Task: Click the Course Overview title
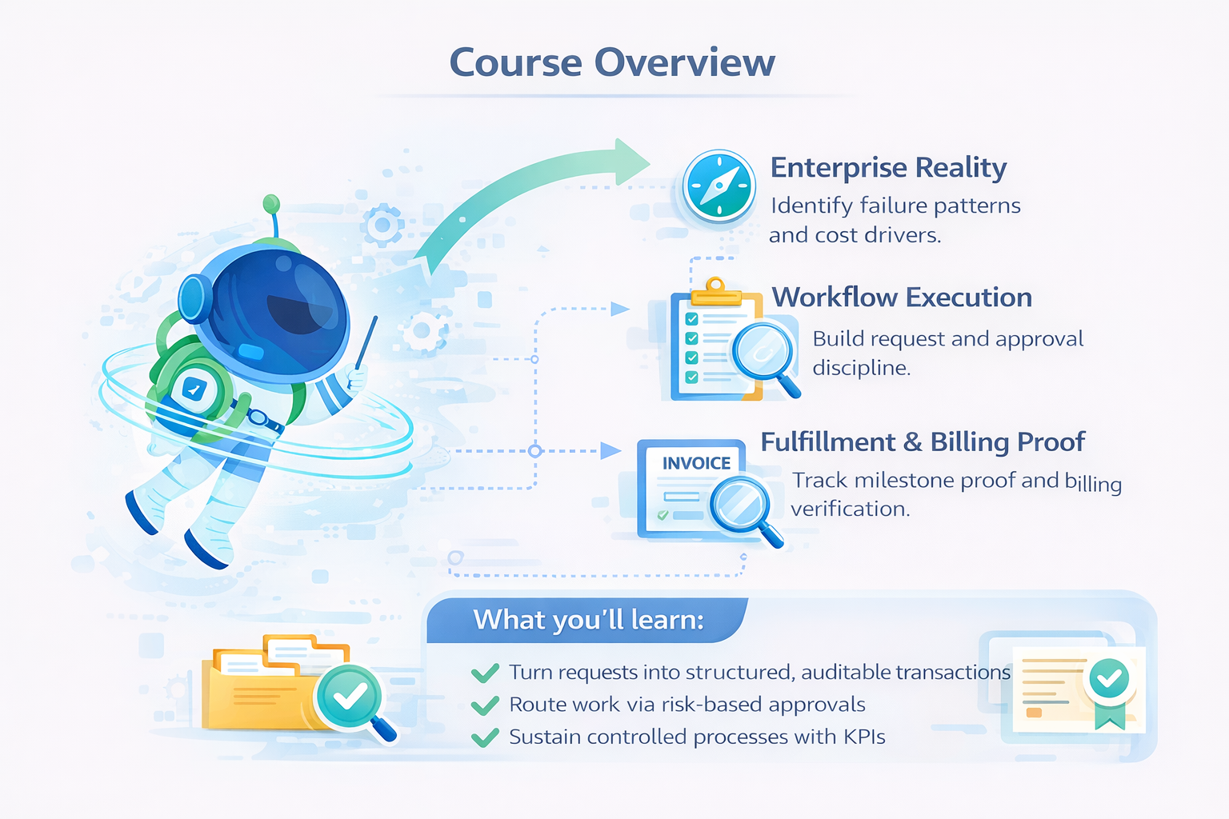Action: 612,62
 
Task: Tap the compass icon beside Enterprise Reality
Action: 719,186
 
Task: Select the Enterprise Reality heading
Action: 888,169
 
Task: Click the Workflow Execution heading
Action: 902,298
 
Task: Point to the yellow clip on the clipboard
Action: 716,293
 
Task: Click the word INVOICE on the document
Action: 696,464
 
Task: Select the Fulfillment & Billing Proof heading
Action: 923,442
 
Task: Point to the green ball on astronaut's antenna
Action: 271,203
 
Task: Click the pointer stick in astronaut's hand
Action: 366,343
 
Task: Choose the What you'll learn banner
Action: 587,620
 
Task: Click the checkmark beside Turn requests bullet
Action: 485,673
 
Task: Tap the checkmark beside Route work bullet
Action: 485,705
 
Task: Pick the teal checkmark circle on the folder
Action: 348,696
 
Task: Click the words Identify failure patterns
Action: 895,206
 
